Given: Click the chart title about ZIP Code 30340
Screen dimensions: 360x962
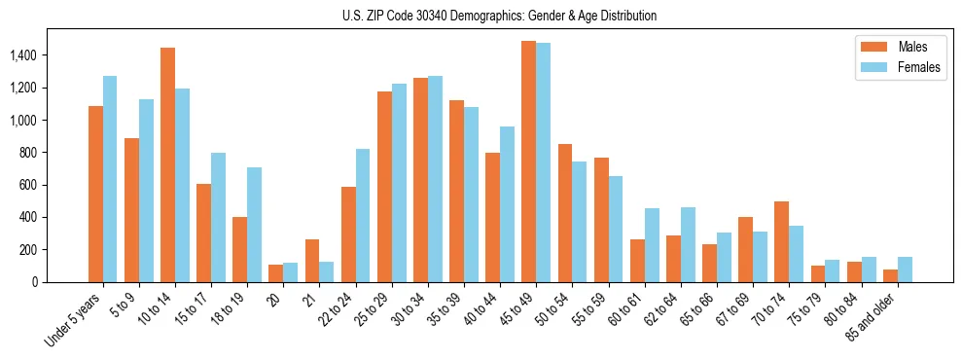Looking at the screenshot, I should (x=499, y=16).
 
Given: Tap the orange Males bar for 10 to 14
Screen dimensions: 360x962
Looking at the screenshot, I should (x=167, y=165).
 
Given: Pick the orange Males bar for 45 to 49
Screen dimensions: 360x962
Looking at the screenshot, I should (x=528, y=162).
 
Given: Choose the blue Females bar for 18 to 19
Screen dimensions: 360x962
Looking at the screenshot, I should (x=254, y=225).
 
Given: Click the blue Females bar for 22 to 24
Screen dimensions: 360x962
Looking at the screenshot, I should (x=363, y=215).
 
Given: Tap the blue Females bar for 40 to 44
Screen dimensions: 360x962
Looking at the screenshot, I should (x=507, y=204).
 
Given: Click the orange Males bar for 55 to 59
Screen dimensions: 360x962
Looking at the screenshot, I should (x=601, y=220).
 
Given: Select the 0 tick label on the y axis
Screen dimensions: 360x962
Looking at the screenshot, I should (x=61, y=282).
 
